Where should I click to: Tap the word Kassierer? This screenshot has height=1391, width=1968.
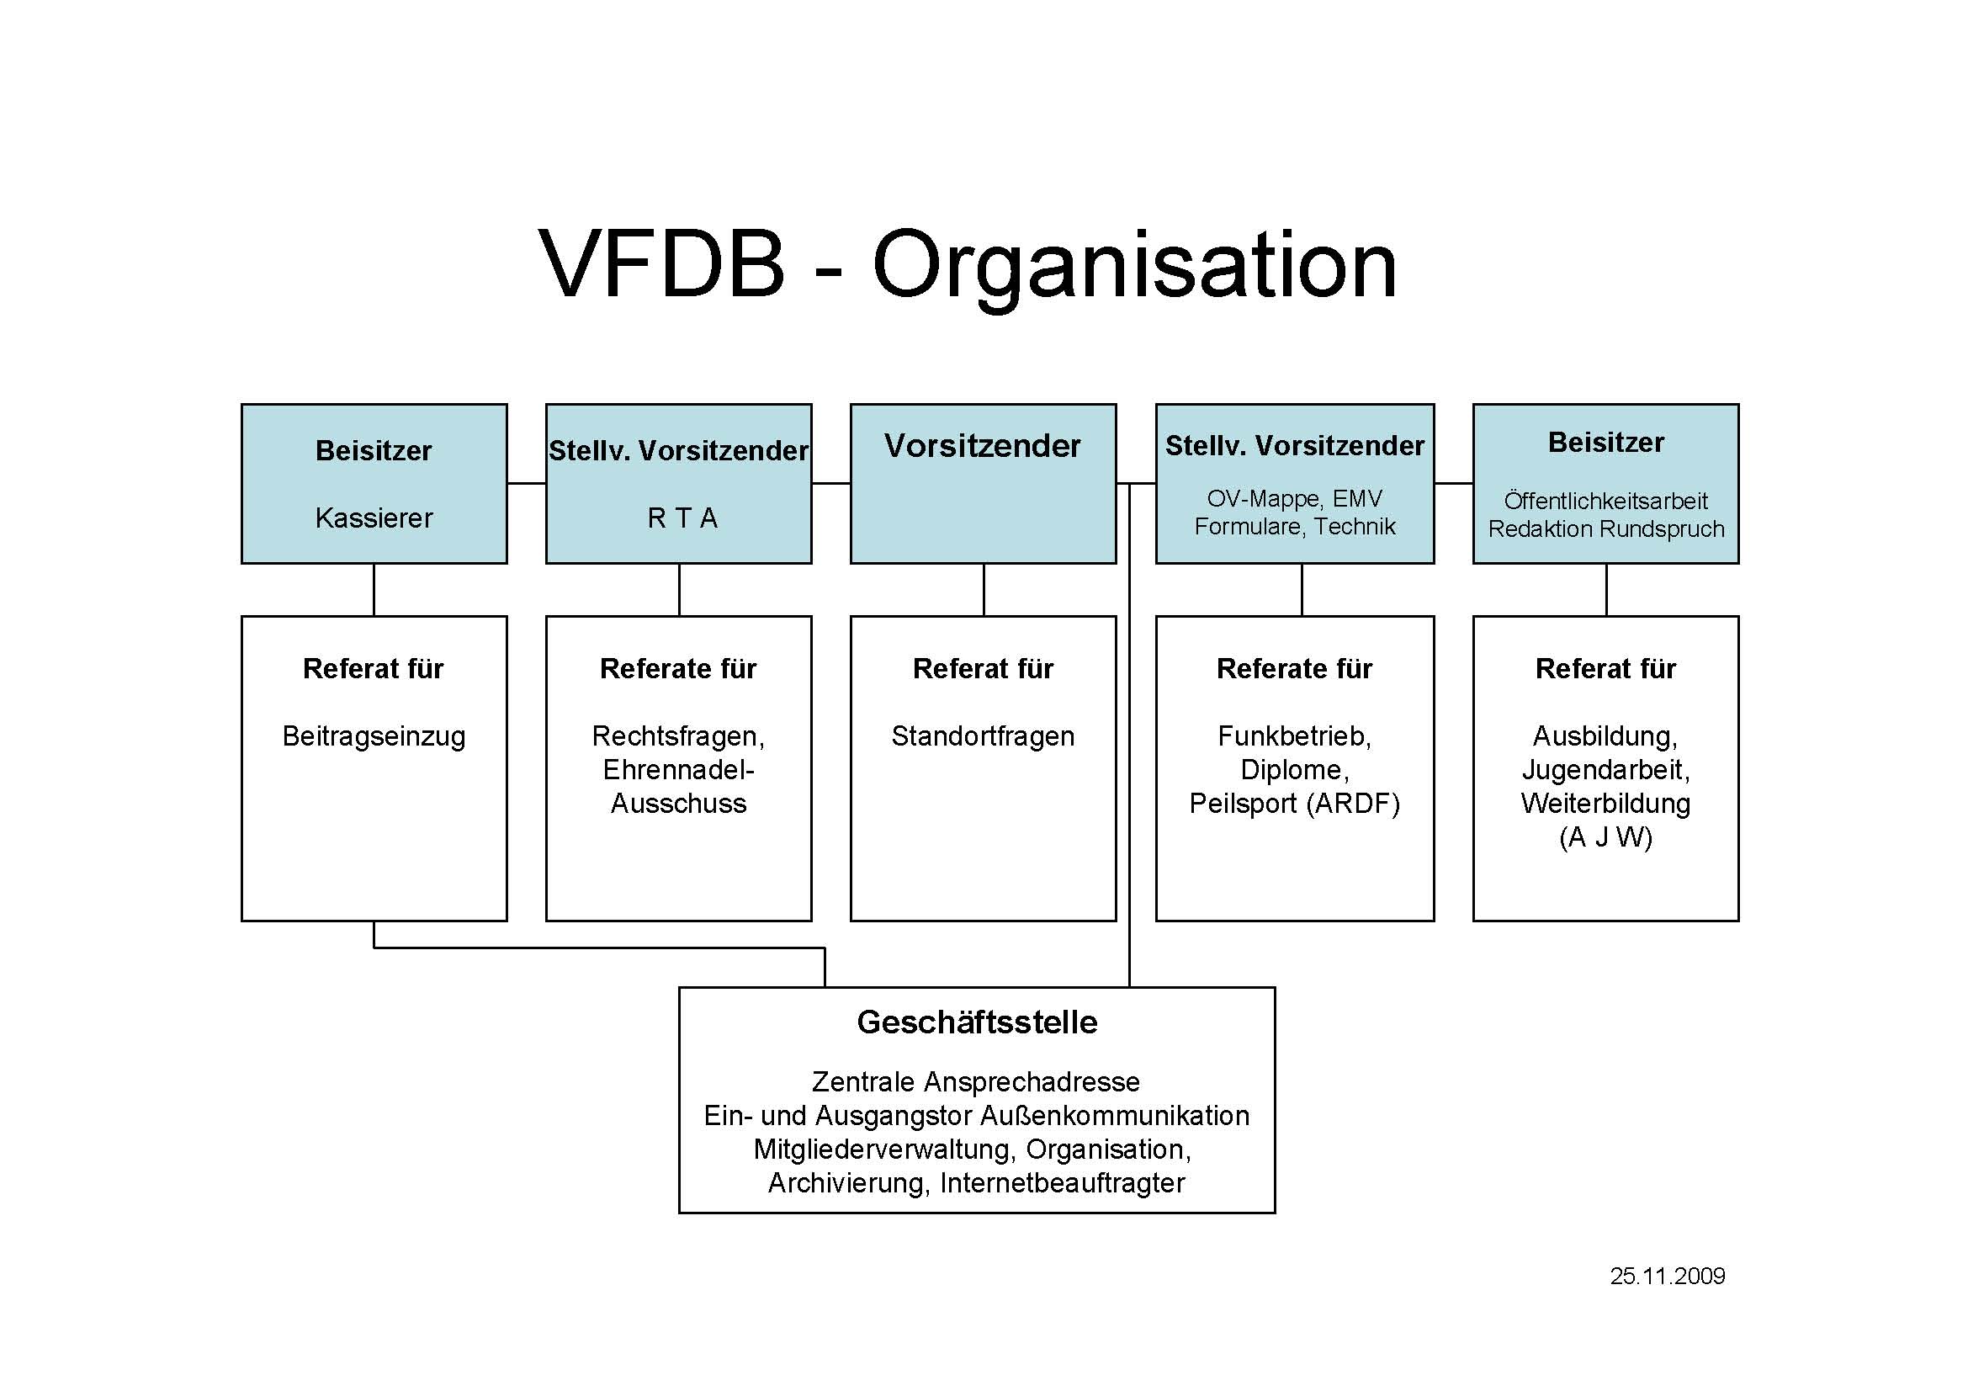(374, 518)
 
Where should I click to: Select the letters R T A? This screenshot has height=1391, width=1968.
(682, 518)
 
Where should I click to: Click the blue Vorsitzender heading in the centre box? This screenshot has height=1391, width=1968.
(982, 446)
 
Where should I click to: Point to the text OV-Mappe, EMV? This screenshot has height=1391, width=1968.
(1294, 498)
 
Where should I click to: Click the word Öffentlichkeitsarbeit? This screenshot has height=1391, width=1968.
(1605, 501)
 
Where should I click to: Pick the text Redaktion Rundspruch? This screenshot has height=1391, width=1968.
(1605, 528)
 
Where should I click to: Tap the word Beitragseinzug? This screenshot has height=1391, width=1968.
(374, 736)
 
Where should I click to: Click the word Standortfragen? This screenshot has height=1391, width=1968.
(982, 736)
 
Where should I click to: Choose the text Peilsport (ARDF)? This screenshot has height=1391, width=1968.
(1294, 803)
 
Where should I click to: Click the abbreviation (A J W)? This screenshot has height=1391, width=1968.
(1605, 836)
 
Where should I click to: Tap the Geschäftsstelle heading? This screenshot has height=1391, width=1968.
(976, 1022)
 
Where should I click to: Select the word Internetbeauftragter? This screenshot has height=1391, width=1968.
(1062, 1183)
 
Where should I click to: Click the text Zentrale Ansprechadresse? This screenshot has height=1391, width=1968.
(975, 1081)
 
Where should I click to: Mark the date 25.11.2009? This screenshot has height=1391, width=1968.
(1667, 1277)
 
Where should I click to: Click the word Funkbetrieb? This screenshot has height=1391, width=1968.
(1292, 736)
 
